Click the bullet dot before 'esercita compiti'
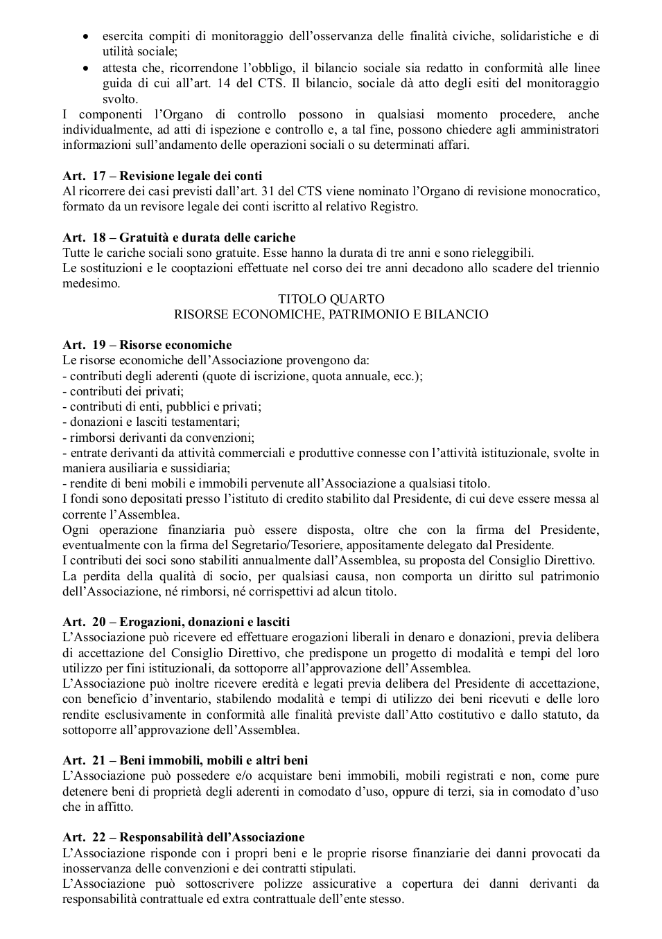(86, 36)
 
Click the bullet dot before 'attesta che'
(86, 68)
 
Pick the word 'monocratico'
(568, 191)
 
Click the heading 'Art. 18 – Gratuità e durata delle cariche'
(179, 238)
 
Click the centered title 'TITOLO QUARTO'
(331, 299)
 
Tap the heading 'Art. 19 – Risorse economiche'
(147, 345)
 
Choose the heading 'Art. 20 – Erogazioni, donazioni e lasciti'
(176, 622)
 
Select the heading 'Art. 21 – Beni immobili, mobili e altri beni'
(185, 760)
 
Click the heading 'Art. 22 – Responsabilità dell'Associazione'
(183, 837)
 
